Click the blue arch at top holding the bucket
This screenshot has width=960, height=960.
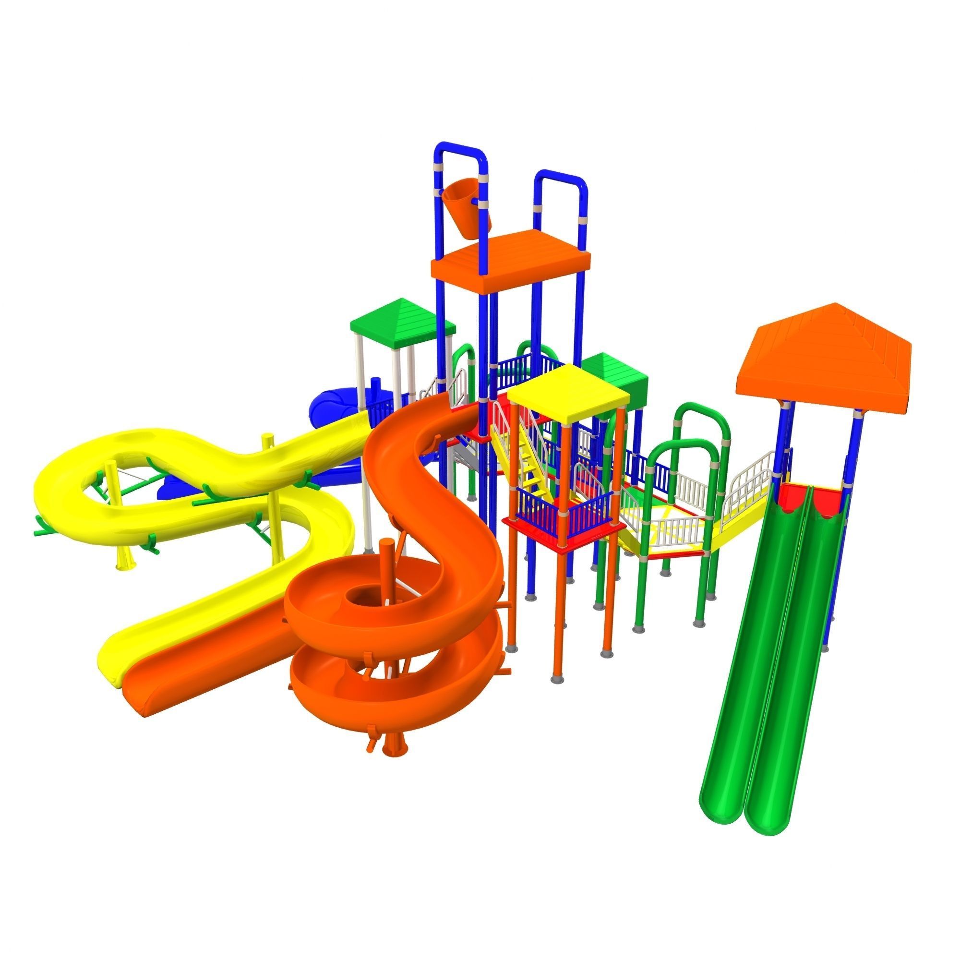(460, 152)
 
